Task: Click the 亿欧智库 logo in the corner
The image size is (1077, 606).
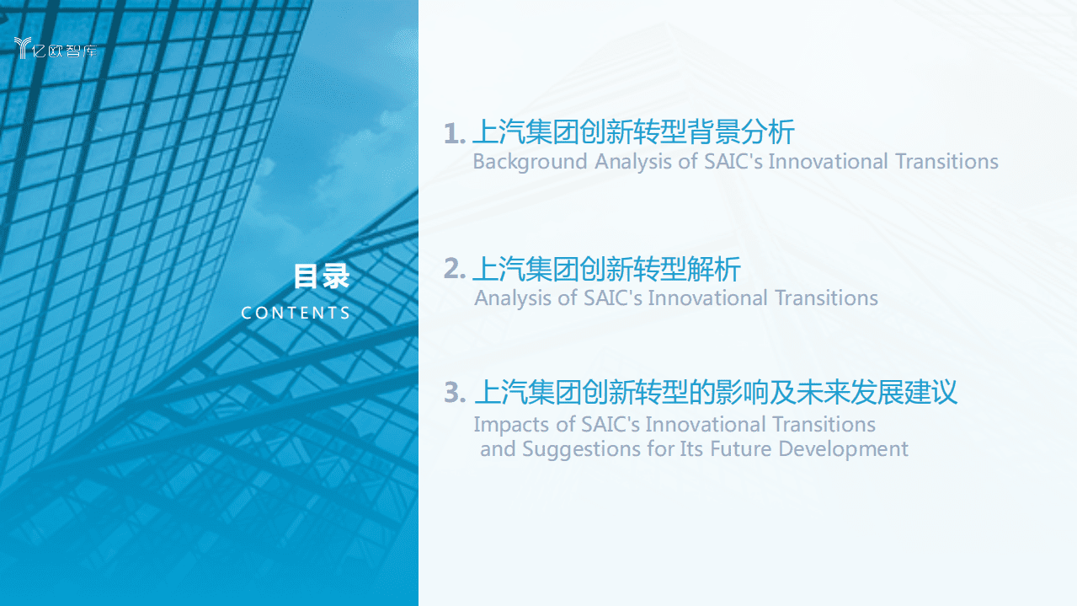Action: (x=56, y=49)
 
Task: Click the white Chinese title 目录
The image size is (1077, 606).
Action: (x=321, y=276)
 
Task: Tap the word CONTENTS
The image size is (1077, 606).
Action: (x=296, y=313)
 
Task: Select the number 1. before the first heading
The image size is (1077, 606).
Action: (x=455, y=133)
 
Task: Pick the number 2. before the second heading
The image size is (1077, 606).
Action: (x=455, y=270)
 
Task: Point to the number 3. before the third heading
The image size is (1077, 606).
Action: (x=455, y=393)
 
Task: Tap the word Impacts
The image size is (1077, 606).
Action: (x=514, y=424)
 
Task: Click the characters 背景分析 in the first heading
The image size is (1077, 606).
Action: (x=741, y=133)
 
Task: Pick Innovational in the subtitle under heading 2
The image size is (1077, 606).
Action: (x=708, y=298)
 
